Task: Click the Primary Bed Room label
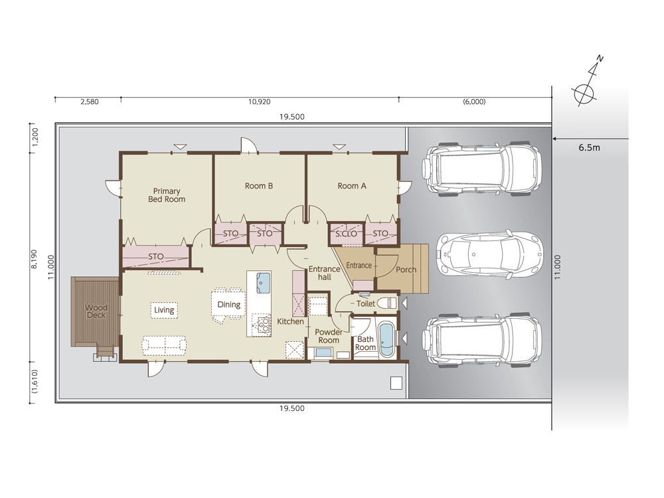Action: click(x=167, y=195)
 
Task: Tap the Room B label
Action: click(x=259, y=186)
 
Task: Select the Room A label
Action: click(x=352, y=186)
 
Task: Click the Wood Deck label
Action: click(x=96, y=311)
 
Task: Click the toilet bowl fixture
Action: click(x=386, y=303)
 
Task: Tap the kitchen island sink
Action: click(x=263, y=282)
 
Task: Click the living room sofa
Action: click(x=164, y=345)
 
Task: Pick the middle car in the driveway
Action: click(x=489, y=254)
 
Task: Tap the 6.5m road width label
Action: click(x=589, y=148)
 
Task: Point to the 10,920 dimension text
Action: click(x=259, y=102)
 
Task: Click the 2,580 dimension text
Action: click(x=90, y=102)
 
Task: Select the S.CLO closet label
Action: click(x=346, y=234)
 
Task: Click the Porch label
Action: click(x=406, y=270)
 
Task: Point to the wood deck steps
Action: click(x=105, y=354)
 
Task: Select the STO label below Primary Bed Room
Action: click(x=156, y=256)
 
